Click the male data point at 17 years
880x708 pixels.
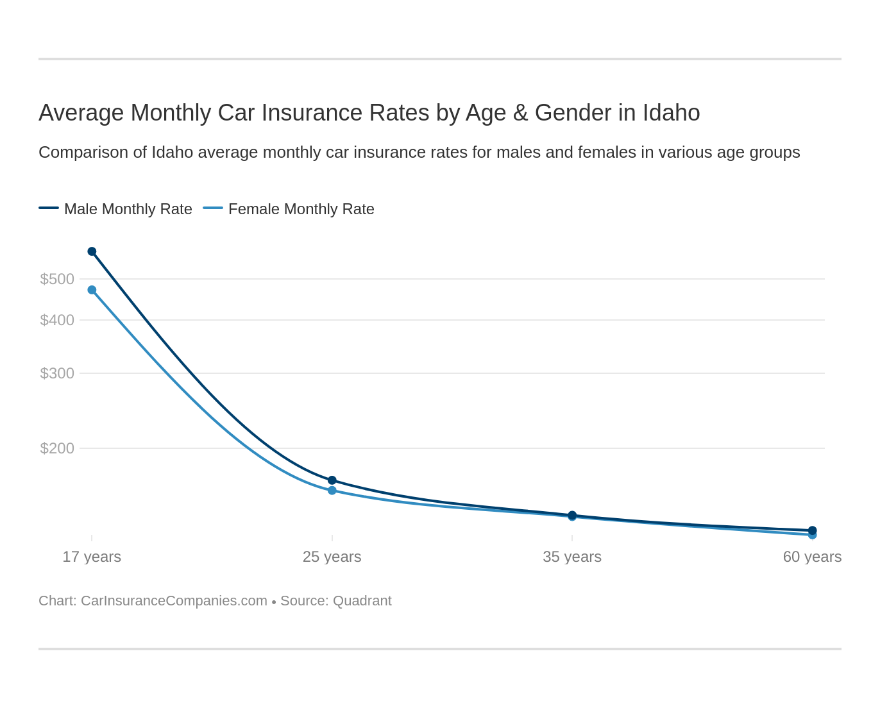tap(92, 251)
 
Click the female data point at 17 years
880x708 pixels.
tap(92, 290)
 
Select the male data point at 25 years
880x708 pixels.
tap(332, 480)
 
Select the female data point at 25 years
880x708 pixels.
tap(332, 491)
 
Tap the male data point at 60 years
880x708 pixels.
tap(812, 530)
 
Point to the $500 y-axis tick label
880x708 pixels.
tap(57, 279)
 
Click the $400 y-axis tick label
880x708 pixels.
tap(57, 320)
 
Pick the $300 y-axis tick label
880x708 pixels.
tap(57, 373)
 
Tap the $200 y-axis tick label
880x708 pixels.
tap(57, 448)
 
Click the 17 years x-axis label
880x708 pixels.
tap(92, 557)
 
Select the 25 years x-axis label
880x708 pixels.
tap(332, 557)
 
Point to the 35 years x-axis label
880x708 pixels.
tap(572, 557)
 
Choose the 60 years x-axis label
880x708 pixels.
tap(812, 557)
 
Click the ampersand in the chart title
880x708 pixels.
tap(520, 113)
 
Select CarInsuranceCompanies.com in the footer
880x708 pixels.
tap(174, 601)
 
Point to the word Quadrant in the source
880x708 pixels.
tap(362, 601)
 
